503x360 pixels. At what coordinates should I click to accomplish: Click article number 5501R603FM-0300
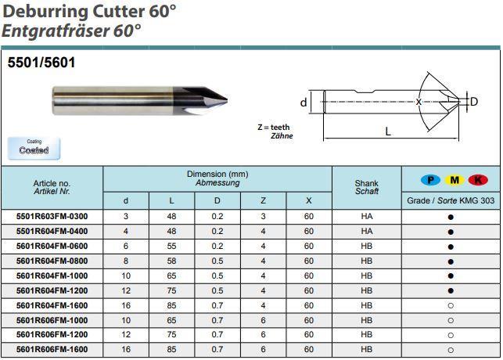(x=52, y=217)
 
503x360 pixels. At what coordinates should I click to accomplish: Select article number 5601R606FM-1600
(x=52, y=349)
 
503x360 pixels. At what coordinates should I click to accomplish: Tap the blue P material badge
(x=430, y=180)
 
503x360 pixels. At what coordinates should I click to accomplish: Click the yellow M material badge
(x=454, y=180)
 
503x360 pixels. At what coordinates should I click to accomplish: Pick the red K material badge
(x=478, y=180)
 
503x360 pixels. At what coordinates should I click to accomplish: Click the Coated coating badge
(x=34, y=148)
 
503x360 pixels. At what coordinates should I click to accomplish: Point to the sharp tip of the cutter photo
(x=227, y=100)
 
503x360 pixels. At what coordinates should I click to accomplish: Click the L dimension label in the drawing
(x=388, y=131)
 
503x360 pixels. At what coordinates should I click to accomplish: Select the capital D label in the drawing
(x=474, y=102)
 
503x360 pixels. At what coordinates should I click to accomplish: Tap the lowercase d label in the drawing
(x=304, y=103)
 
